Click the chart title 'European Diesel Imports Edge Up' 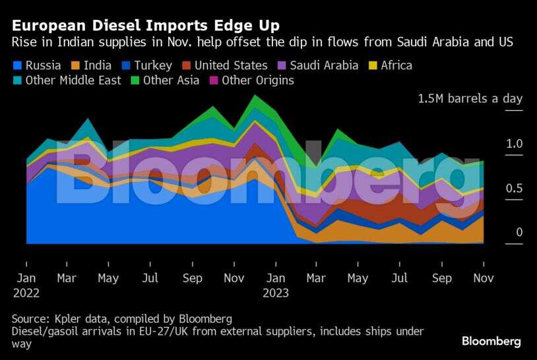[x=146, y=25]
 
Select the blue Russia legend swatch [x=18, y=65]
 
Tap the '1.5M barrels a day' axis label [x=470, y=99]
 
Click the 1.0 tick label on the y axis [x=515, y=144]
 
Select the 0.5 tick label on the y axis [x=515, y=189]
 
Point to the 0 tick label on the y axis [x=519, y=232]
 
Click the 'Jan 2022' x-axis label [x=26, y=285]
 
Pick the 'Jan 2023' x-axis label [x=275, y=285]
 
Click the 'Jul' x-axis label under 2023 [x=400, y=278]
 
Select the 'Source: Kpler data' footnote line [x=122, y=319]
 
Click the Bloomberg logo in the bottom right [x=491, y=342]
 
